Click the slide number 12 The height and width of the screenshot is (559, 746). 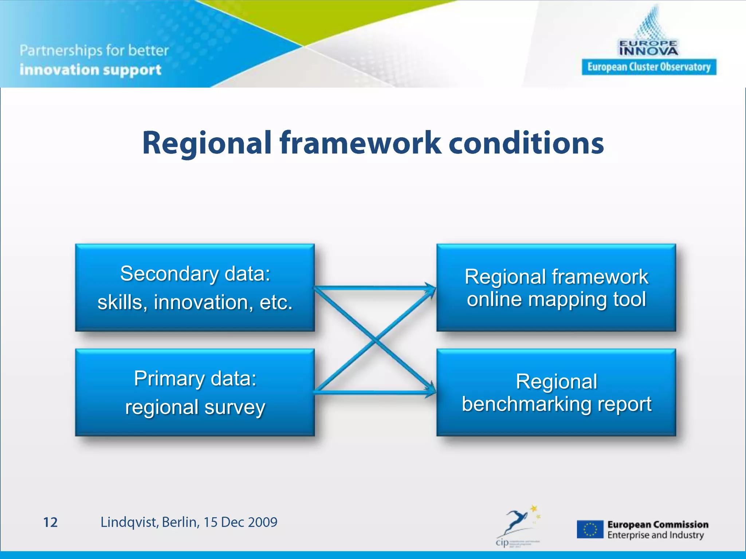50,522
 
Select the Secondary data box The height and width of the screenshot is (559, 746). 195,288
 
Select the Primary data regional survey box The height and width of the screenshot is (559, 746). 195,392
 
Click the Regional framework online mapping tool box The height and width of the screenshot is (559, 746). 556,288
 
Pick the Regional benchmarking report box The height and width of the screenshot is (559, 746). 556,392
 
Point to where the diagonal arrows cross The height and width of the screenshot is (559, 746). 375,341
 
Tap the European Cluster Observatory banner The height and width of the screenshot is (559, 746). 649,67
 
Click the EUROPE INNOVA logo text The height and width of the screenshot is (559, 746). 649,48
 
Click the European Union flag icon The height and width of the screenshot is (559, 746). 590,529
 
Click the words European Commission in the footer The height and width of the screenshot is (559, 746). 658,524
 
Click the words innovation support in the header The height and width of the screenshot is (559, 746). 90,70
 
